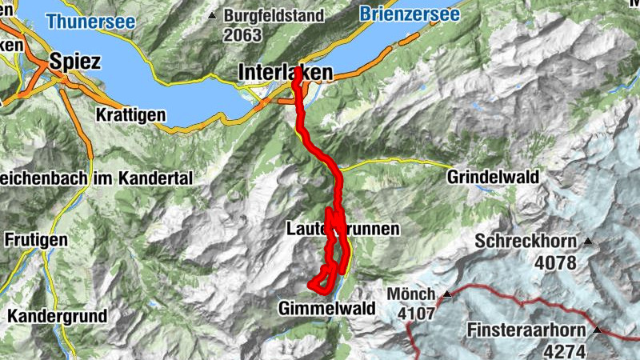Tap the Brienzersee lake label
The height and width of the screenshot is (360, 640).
(410, 14)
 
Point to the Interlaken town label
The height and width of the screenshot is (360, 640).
(285, 73)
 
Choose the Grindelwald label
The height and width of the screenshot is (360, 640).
(494, 177)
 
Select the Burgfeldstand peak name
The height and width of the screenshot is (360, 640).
(274, 15)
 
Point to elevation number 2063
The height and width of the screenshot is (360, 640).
(243, 34)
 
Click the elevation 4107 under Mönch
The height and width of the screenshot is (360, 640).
(417, 314)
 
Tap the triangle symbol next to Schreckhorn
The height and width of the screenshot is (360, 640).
(589, 241)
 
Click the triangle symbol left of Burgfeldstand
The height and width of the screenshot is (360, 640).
(212, 15)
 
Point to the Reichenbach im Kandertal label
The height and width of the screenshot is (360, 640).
(97, 178)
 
